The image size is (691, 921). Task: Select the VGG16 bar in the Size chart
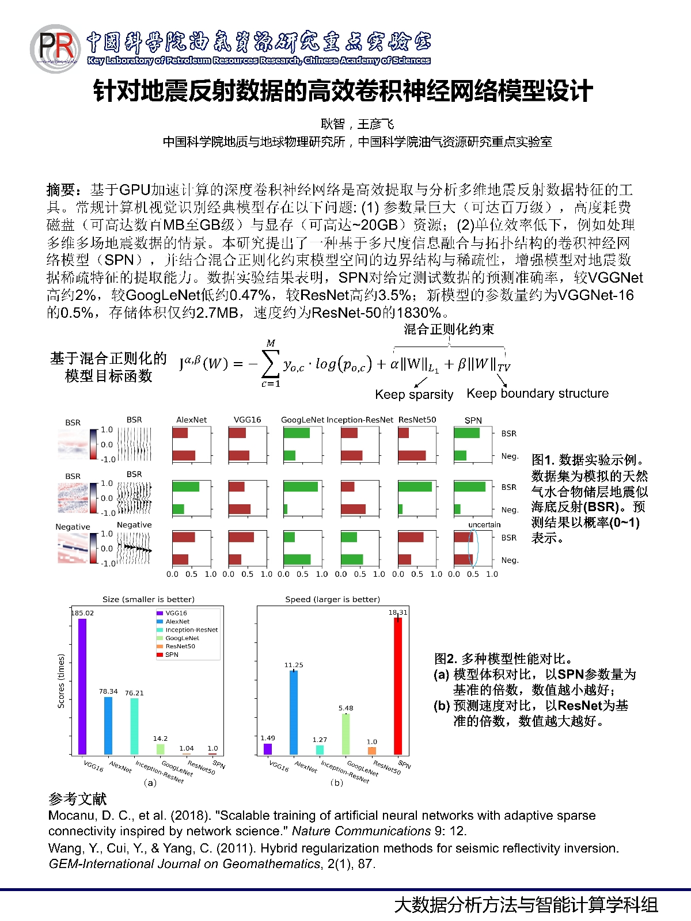tap(82, 686)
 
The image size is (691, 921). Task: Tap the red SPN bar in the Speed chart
tap(398, 685)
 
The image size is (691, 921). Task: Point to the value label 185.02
tap(82, 613)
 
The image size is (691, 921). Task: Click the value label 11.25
tap(294, 665)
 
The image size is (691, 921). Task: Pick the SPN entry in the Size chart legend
tap(172, 654)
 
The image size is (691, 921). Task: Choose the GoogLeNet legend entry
tap(182, 638)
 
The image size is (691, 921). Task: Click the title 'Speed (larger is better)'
tap(332, 599)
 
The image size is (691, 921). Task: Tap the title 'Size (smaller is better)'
tap(149, 599)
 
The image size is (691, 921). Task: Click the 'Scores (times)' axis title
tap(61, 680)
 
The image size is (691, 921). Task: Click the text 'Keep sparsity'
tap(414, 394)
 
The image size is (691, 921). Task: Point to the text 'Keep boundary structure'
tap(537, 393)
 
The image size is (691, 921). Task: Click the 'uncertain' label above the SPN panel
tap(484, 524)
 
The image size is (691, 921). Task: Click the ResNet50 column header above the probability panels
tap(417, 420)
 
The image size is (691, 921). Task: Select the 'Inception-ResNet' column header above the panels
tap(360, 420)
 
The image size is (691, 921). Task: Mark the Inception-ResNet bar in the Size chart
tap(134, 725)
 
